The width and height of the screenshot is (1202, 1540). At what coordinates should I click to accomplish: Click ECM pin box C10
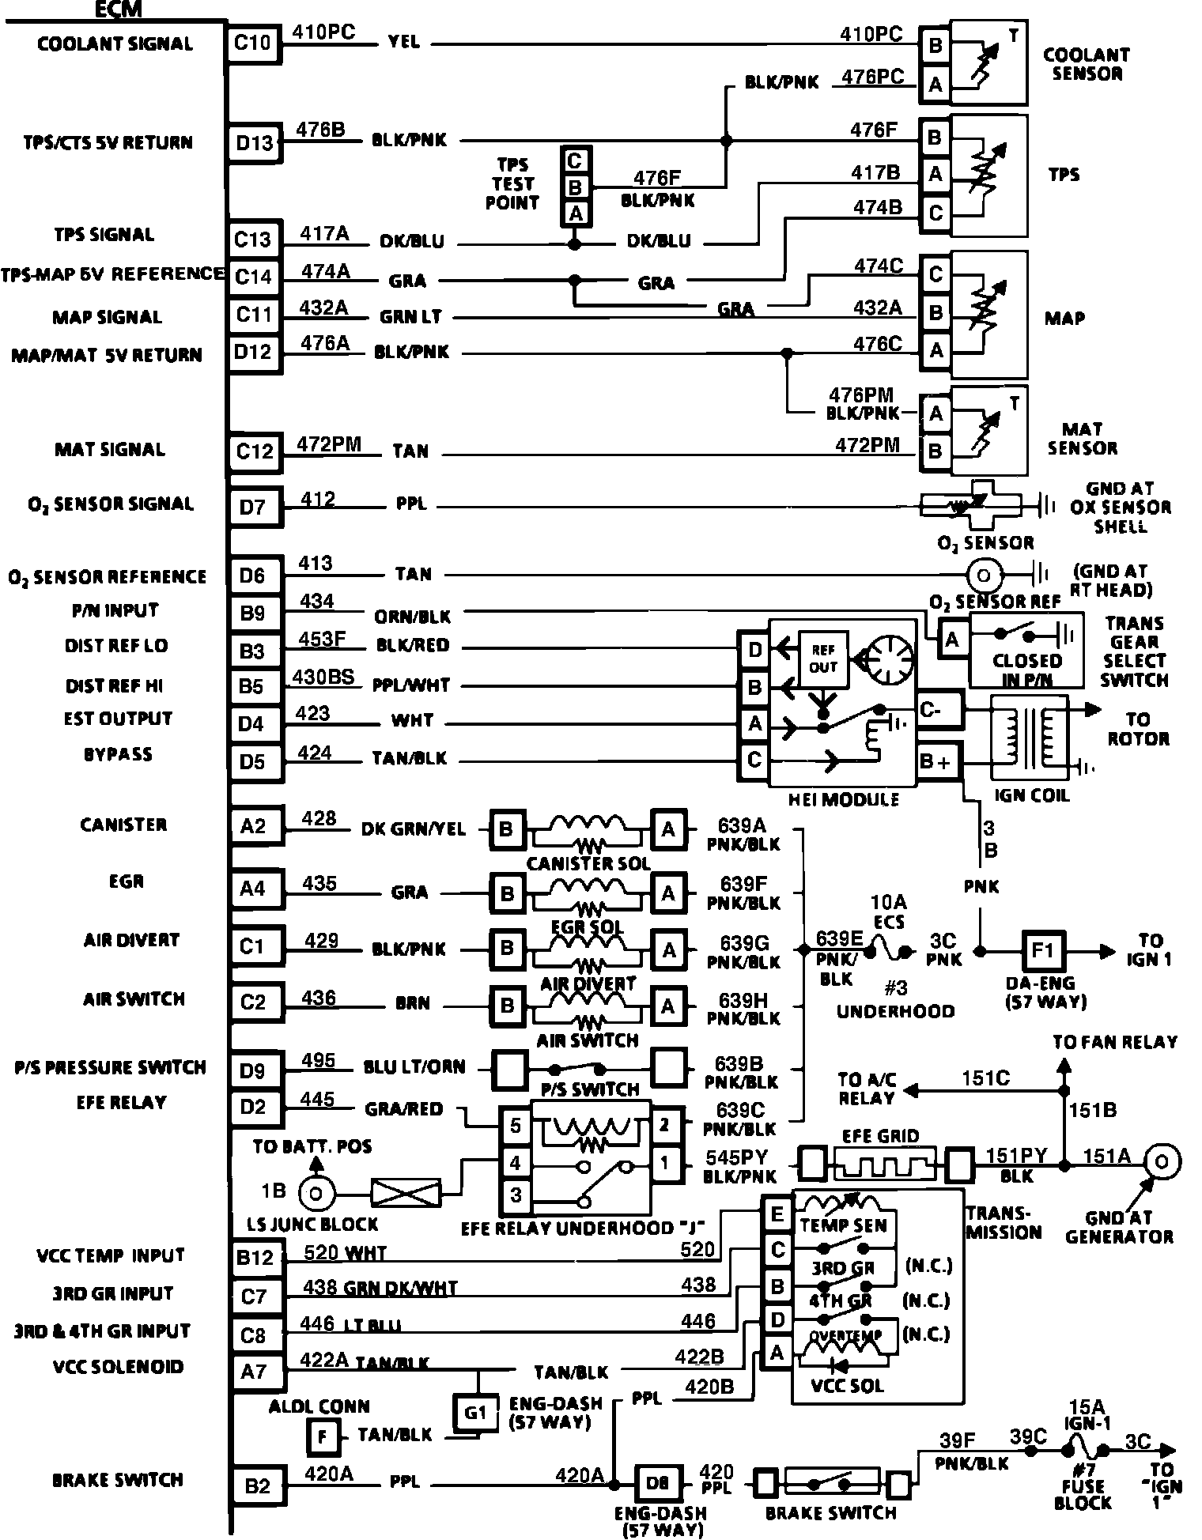point(253,43)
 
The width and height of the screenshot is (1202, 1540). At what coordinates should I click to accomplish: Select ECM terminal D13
point(254,143)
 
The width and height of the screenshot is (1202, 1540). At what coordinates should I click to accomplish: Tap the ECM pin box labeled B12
point(255,1258)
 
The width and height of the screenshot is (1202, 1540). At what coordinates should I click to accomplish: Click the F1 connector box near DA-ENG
point(1042,950)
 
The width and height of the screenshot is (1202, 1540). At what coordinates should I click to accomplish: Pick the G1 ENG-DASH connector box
point(474,1413)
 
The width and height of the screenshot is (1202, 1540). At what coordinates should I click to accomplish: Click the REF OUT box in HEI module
point(822,658)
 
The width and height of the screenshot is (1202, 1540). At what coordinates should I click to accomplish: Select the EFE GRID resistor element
point(880,1164)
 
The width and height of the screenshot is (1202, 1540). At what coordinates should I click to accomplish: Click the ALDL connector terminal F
point(322,1436)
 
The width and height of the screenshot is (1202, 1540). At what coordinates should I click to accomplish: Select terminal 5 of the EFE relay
point(516,1125)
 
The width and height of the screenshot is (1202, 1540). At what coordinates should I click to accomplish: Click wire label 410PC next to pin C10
point(324,32)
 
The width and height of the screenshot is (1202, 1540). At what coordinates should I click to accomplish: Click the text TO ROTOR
point(1138,729)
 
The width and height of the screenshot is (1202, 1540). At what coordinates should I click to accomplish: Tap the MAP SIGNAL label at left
point(107,317)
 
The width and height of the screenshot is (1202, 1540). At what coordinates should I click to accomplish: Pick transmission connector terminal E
point(777,1214)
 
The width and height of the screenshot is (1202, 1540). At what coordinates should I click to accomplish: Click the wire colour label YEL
point(403,43)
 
